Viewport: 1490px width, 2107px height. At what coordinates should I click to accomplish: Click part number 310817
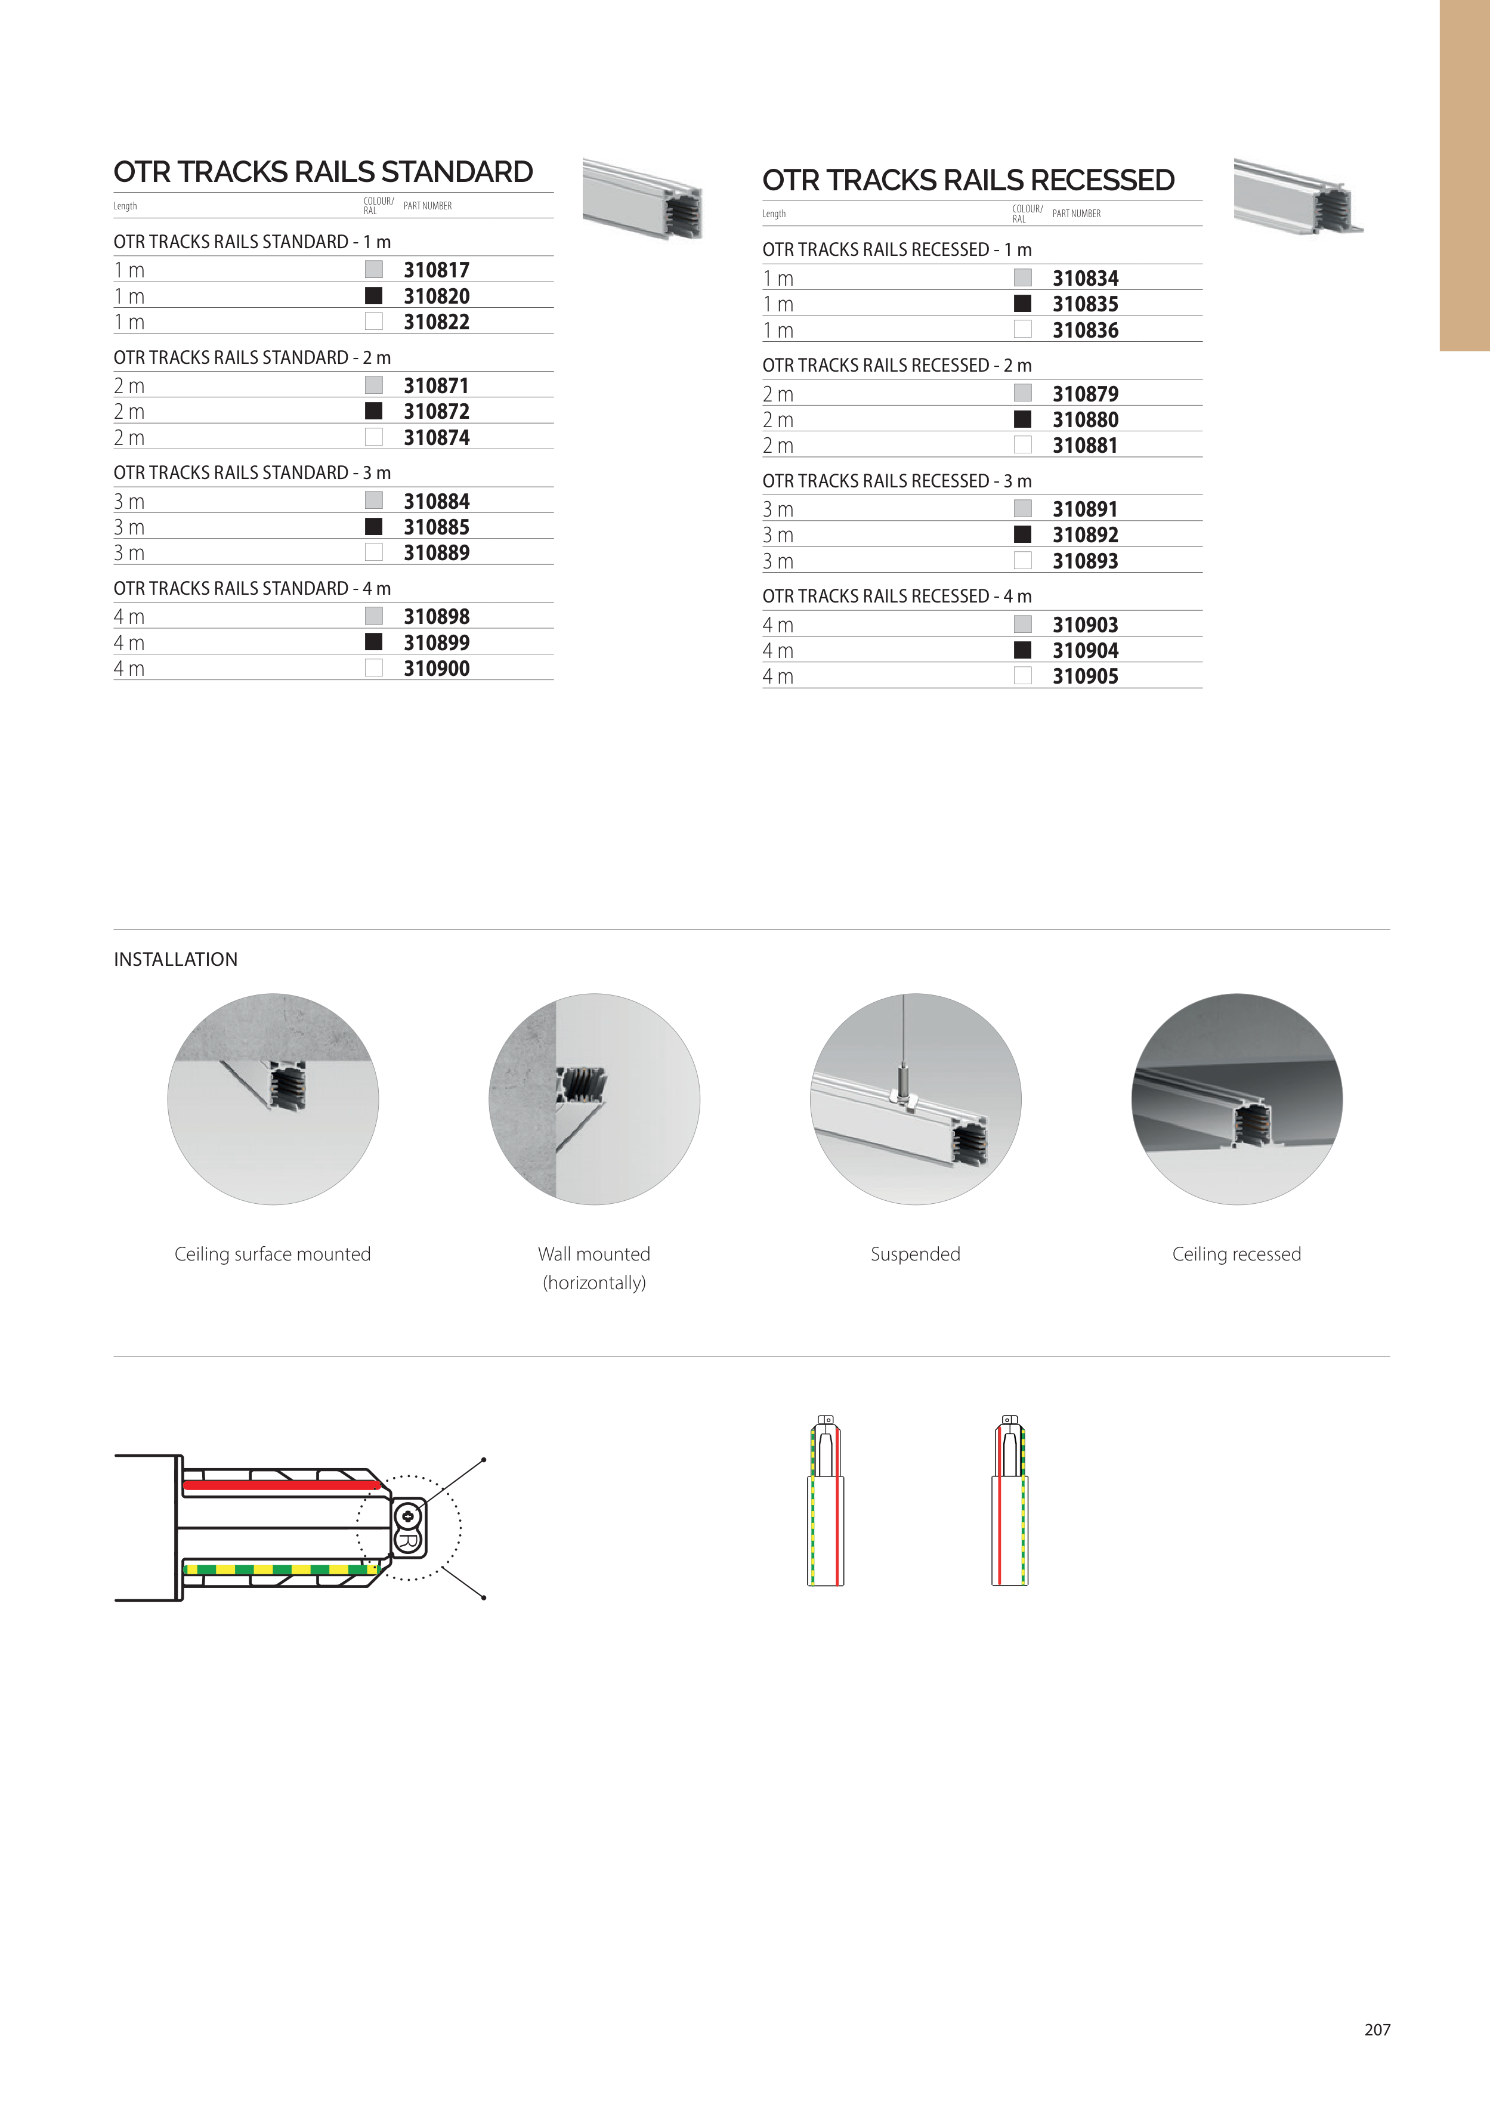[x=436, y=270]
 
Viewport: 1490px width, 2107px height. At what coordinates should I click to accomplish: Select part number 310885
[x=436, y=527]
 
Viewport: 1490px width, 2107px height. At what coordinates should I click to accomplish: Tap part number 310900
[x=436, y=668]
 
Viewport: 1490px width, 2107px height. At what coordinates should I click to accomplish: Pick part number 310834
[x=1086, y=278]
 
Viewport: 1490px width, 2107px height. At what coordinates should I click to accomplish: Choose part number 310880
[x=1086, y=419]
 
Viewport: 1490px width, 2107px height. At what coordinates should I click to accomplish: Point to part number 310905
[x=1086, y=676]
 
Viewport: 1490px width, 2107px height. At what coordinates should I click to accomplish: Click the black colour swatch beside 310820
[x=373, y=295]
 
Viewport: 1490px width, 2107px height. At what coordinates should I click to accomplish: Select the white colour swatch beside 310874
[x=373, y=437]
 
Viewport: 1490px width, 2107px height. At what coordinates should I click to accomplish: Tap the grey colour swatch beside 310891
[x=1023, y=508]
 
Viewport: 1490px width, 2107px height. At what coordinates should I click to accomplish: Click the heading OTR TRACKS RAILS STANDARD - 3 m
[x=252, y=472]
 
